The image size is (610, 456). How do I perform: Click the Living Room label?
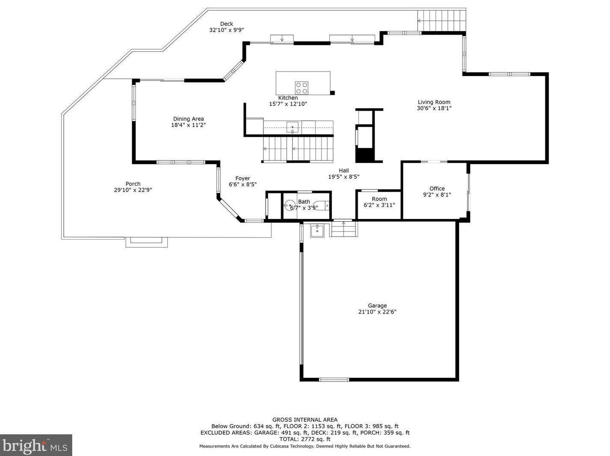click(434, 102)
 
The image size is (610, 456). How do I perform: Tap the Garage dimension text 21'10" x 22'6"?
click(377, 311)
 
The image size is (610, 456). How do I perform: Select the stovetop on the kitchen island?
click(302, 88)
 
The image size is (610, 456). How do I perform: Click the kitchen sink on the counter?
click(292, 127)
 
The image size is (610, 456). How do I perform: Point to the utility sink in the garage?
click(317, 231)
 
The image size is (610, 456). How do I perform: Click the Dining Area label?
click(188, 118)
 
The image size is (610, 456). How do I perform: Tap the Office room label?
click(437, 188)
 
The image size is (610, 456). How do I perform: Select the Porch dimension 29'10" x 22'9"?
click(133, 190)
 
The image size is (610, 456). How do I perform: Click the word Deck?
click(226, 24)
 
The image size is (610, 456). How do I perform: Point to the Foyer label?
click(243, 178)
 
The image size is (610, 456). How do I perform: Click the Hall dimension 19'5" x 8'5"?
click(344, 177)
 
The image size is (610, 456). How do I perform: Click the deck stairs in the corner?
click(441, 21)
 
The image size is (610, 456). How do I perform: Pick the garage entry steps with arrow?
click(343, 229)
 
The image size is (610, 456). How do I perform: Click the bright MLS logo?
click(36, 445)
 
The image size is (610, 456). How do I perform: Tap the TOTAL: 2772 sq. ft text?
click(305, 439)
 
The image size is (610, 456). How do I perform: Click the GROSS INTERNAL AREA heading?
click(305, 420)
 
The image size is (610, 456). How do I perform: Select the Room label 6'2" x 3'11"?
click(379, 202)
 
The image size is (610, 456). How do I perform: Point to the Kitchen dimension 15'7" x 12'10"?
click(288, 104)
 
